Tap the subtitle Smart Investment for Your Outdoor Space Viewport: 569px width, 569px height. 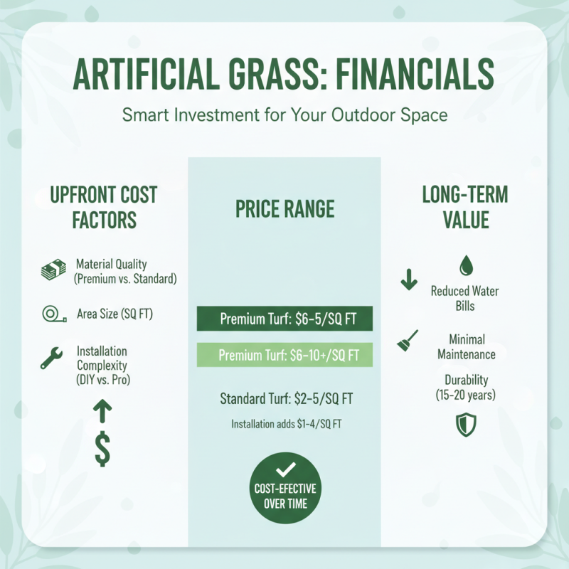pyautogui.click(x=284, y=115)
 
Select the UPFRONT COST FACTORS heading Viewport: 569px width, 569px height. pyautogui.click(x=104, y=207)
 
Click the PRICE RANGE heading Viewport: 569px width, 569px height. pyautogui.click(x=284, y=209)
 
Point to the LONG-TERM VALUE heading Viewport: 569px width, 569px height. pyautogui.click(x=465, y=207)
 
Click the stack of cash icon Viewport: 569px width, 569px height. pyautogui.click(x=52, y=271)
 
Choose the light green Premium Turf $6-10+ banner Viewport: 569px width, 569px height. pyautogui.click(x=284, y=354)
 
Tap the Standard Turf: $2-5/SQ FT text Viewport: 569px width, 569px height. pyautogui.click(x=284, y=398)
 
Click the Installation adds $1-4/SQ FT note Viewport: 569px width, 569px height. pyautogui.click(x=284, y=424)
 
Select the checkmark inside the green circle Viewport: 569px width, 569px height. pyautogui.click(x=284, y=469)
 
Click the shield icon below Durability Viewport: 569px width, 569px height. pyautogui.click(x=465, y=425)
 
